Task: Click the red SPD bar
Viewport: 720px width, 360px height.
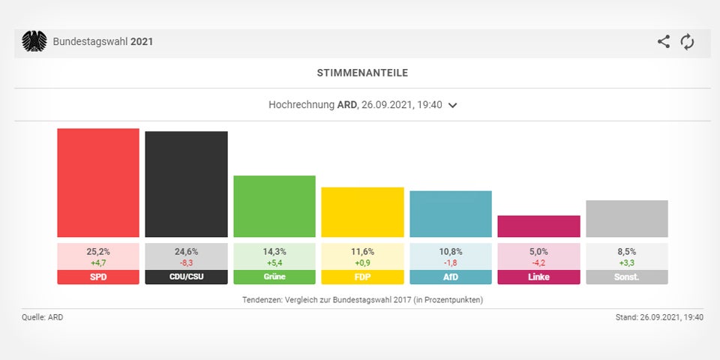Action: click(x=98, y=183)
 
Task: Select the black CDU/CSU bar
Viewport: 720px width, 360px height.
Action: click(x=186, y=184)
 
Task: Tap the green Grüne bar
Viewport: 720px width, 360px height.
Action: click(x=274, y=206)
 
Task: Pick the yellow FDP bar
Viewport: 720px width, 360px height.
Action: click(x=362, y=212)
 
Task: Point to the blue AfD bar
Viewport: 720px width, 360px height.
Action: click(x=451, y=214)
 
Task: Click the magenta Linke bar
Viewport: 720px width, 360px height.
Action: click(x=538, y=226)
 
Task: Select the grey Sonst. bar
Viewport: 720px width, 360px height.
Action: click(x=626, y=219)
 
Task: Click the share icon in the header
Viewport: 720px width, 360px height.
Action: click(x=664, y=42)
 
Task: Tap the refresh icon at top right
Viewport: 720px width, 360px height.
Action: click(x=687, y=42)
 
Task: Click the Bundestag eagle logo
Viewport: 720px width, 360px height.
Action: click(x=34, y=42)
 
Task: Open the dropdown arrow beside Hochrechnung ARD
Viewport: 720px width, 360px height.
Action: click(x=452, y=106)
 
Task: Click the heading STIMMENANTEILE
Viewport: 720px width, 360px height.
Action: click(x=362, y=73)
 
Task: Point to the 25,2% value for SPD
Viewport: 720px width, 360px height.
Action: click(x=98, y=252)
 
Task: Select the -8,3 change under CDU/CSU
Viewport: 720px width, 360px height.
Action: click(x=186, y=263)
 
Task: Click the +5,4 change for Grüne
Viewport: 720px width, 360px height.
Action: click(x=274, y=263)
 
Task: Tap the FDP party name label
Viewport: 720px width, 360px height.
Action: click(x=362, y=277)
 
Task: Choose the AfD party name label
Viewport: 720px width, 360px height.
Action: click(x=451, y=277)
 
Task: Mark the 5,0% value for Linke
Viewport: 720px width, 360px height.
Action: click(x=538, y=252)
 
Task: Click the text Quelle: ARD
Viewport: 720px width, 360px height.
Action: click(x=42, y=317)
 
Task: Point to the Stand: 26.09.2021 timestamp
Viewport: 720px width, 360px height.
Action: click(x=658, y=317)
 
